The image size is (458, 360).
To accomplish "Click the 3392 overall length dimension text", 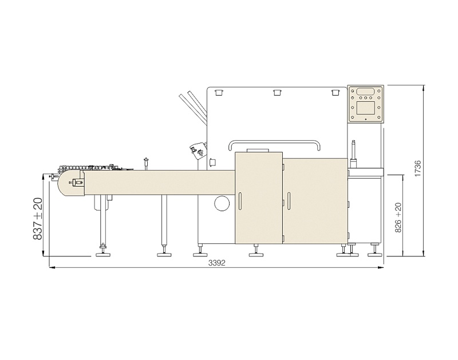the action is point(217,263).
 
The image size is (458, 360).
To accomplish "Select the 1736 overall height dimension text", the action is point(418,168).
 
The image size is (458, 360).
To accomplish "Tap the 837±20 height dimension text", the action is point(38,219).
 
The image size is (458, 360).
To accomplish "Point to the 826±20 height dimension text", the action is point(398,217).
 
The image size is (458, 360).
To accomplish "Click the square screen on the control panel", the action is point(365,108).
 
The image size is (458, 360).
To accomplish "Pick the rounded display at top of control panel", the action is point(365,91).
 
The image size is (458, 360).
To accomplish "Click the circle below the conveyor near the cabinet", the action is point(222,203).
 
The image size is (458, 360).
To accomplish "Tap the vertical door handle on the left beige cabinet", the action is point(239,201).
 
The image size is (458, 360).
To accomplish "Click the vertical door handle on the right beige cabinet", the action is point(289,201).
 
